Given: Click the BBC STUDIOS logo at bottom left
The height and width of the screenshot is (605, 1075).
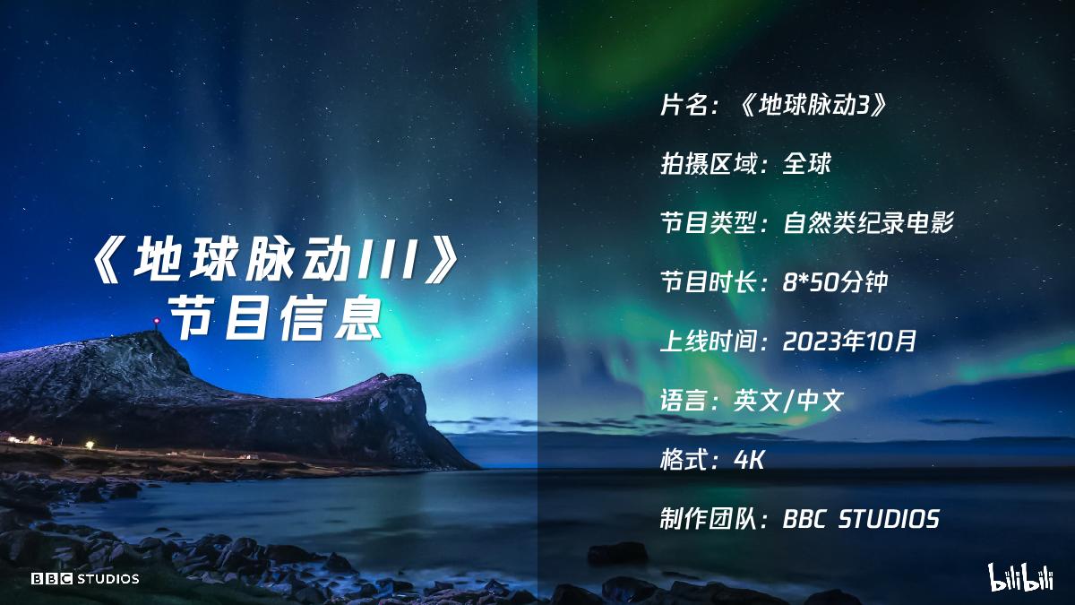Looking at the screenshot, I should pos(85,578).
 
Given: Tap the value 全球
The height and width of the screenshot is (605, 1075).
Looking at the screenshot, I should pos(807,164).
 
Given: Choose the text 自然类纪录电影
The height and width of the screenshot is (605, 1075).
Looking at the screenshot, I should pos(867,223).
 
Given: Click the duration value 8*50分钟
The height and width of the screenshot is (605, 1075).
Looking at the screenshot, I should pos(835,282).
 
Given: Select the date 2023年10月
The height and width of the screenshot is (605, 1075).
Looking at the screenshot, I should pos(850,341).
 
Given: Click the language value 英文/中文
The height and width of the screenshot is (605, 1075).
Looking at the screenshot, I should pos(788,401).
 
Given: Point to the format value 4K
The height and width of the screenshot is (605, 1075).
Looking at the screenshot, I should pos(749,460).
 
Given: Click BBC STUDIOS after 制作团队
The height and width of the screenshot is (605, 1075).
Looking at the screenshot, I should pos(861,519).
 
